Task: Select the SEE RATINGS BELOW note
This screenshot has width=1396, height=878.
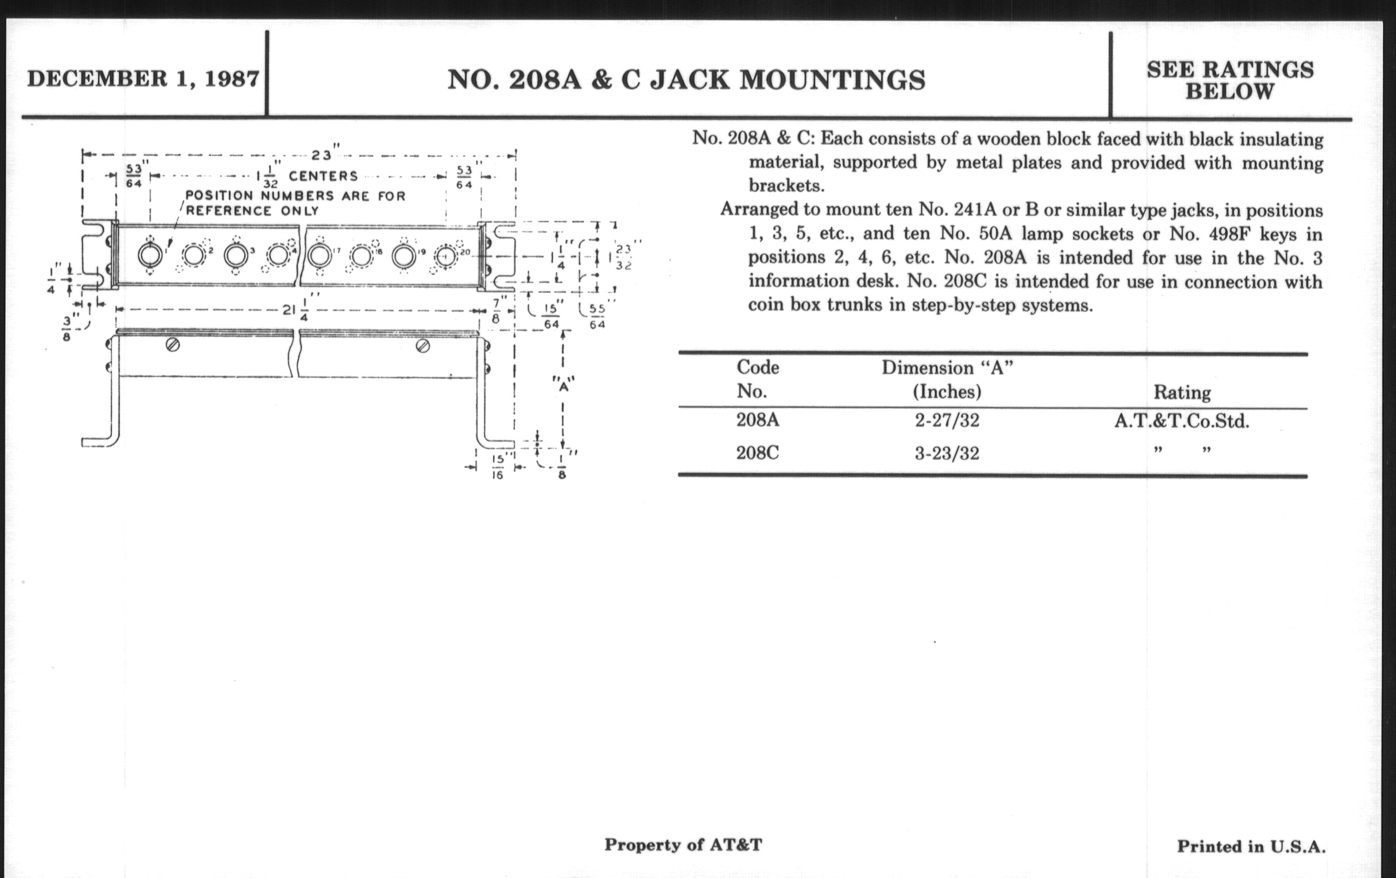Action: coord(1230,80)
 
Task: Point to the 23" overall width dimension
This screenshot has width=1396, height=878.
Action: coord(322,155)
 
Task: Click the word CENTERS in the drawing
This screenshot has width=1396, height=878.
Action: coord(323,176)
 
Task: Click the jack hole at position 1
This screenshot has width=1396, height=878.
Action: coord(150,255)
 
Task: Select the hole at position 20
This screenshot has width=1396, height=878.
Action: coord(445,256)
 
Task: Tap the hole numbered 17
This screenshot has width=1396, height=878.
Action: coord(318,255)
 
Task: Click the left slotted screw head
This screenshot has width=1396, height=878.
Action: coord(172,345)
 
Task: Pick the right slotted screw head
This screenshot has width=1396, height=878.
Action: coord(422,346)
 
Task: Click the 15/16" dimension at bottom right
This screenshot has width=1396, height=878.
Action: coord(498,467)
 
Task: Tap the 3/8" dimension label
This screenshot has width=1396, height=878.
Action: coord(67,328)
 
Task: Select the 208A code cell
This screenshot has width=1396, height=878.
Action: coord(757,420)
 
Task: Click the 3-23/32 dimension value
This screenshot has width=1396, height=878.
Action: coord(947,453)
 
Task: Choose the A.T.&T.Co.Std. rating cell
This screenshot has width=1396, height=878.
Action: coord(1181,421)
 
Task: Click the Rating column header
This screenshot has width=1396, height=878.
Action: coord(1181,393)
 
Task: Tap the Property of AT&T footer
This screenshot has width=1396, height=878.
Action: coord(683,844)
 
